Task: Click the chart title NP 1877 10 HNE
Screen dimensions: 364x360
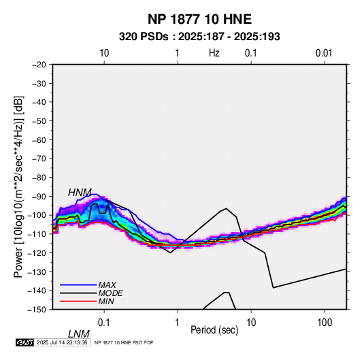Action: [199, 19]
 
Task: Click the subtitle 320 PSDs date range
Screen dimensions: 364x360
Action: [199, 37]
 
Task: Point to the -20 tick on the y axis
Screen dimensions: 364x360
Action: [39, 65]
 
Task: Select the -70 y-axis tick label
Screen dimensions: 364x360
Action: [39, 159]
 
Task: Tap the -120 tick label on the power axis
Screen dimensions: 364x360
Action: [37, 252]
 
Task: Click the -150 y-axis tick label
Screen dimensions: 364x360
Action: [37, 310]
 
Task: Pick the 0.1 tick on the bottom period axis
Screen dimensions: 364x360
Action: [103, 323]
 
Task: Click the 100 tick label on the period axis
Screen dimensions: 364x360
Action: [325, 323]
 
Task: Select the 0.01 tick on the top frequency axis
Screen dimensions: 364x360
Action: [324, 53]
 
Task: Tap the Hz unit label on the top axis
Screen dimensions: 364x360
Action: [214, 53]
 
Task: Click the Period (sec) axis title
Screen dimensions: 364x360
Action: [214, 330]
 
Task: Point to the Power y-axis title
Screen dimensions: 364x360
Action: [18, 186]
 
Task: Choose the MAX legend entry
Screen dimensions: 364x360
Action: [107, 285]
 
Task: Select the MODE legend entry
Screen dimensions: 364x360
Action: [110, 293]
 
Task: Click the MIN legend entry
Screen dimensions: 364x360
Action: [106, 301]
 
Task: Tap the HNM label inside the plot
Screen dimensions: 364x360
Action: [80, 193]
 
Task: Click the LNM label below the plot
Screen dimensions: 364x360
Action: [79, 334]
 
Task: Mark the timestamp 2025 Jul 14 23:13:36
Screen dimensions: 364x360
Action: [62, 342]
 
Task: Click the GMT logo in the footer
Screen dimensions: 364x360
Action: [24, 342]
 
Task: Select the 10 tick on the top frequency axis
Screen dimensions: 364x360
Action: [104, 53]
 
